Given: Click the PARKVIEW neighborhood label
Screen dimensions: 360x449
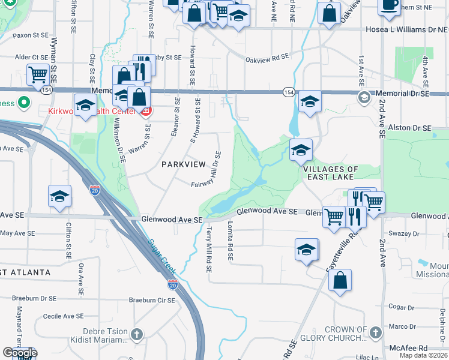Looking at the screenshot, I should tap(182, 164).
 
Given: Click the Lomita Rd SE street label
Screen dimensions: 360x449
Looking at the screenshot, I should tap(229, 239).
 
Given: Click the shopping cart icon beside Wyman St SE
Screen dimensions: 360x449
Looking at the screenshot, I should tap(38, 75).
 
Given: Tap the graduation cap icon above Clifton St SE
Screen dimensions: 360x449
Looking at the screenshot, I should tap(59, 196).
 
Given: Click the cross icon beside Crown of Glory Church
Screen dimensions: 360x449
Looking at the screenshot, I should tap(375, 332).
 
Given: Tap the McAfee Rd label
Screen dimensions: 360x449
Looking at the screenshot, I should tap(408, 348).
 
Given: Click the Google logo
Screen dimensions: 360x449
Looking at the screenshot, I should tap(20, 353).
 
